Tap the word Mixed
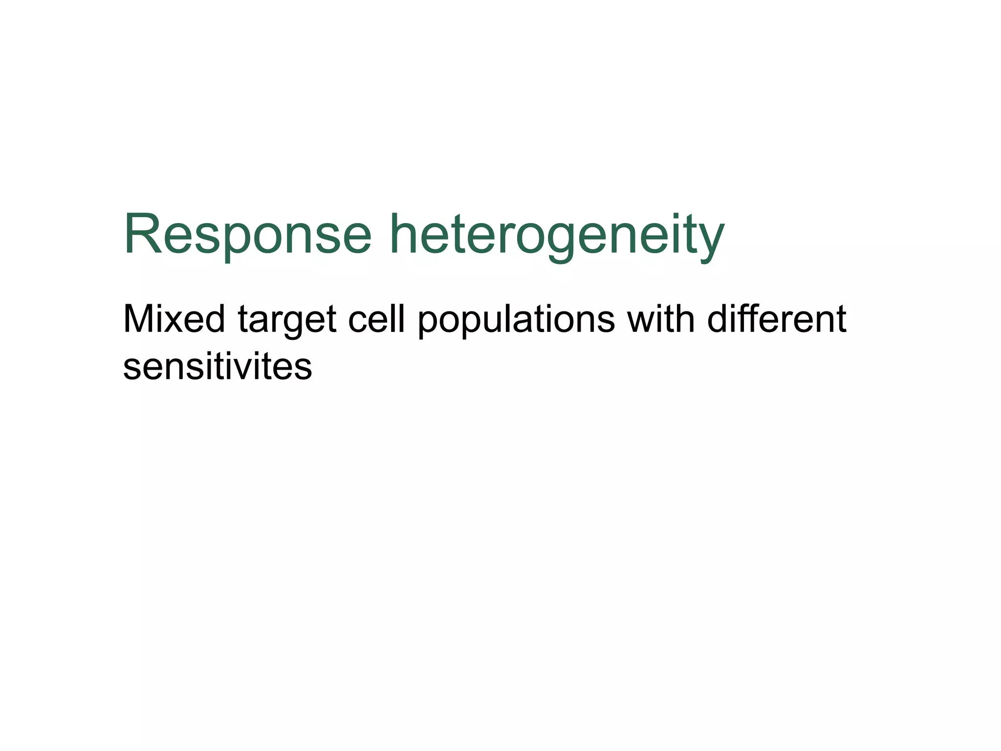click(174, 319)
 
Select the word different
click(777, 319)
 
